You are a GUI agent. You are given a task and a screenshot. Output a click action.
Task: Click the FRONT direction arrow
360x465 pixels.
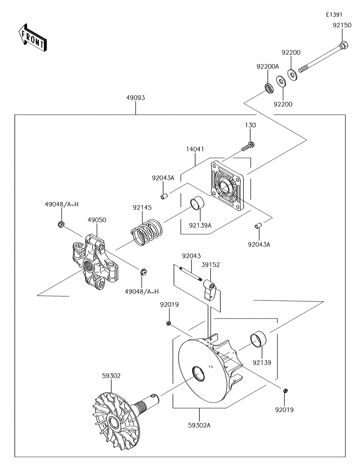[x=31, y=37]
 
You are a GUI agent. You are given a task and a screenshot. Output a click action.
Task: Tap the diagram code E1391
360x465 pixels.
[x=334, y=15]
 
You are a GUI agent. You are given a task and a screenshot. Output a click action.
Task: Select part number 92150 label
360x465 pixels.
[x=341, y=26]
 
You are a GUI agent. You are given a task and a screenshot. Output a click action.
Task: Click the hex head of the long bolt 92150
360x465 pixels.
[x=343, y=46]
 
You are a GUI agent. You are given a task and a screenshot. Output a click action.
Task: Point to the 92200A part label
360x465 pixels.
[x=267, y=66]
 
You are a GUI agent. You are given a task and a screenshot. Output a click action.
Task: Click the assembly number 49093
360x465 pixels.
[x=135, y=98]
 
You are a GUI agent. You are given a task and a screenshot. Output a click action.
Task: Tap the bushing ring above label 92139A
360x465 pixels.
[x=197, y=203]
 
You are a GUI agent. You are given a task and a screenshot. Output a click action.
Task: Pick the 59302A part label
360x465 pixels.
[x=199, y=425]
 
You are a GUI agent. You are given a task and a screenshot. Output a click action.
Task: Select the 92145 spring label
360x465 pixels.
[x=142, y=208]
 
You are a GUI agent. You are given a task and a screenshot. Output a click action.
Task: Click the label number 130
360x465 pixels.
[x=251, y=125]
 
